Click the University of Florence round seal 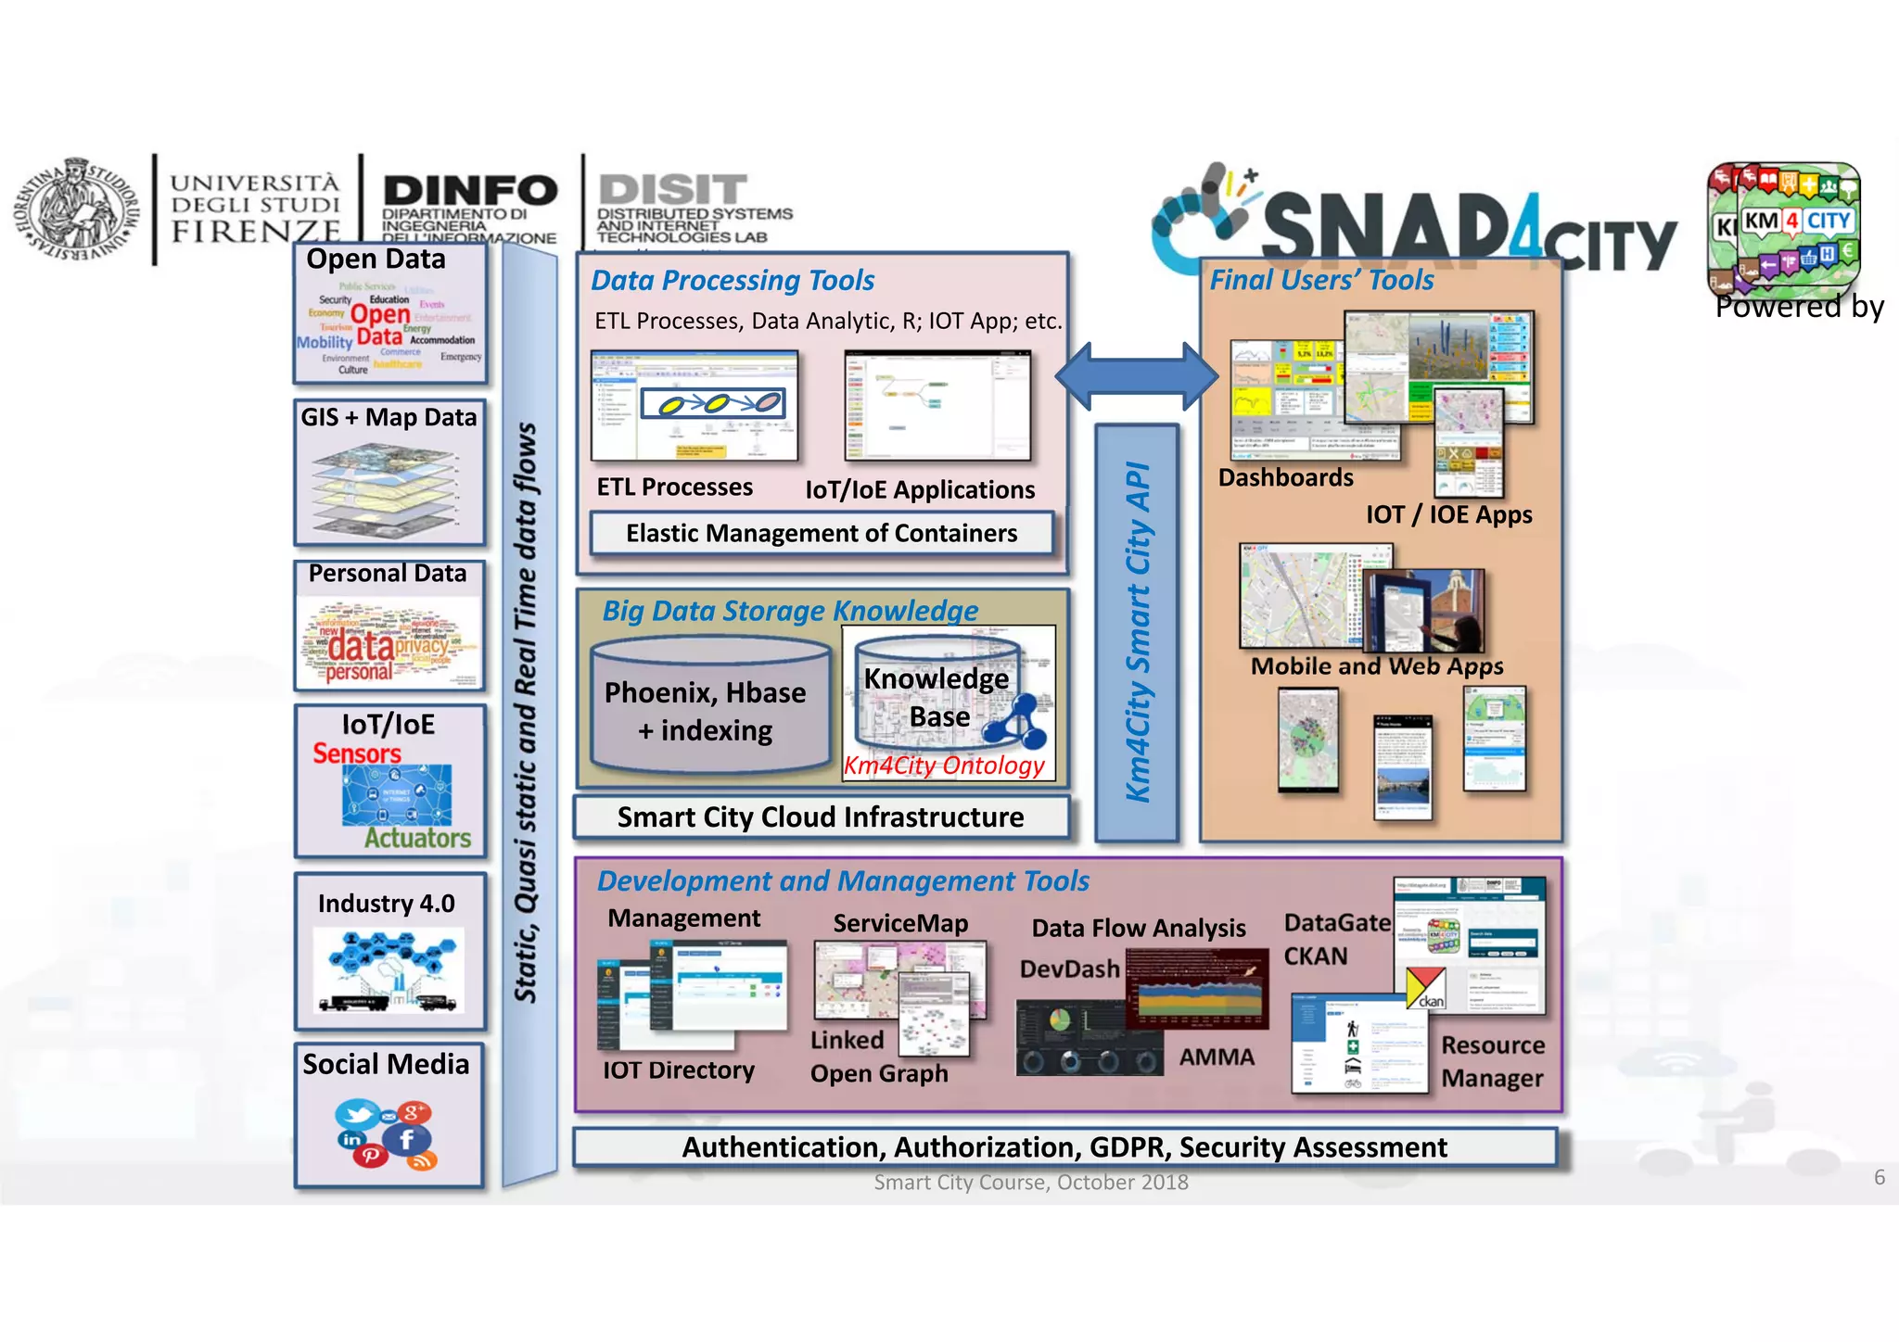[73, 209]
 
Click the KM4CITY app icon [1784, 228]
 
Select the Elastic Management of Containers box [822, 534]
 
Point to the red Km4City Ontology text [944, 766]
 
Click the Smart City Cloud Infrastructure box [821, 817]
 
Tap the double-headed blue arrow [1137, 376]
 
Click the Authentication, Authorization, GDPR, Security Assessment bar [1064, 1147]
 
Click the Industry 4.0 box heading [386, 904]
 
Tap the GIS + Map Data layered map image [388, 487]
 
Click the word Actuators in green [417, 838]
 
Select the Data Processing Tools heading [733, 280]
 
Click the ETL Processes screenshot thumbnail [695, 406]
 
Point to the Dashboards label [1285, 478]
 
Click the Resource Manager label [1492, 1062]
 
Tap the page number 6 [1879, 1177]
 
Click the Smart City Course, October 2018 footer [1030, 1183]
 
